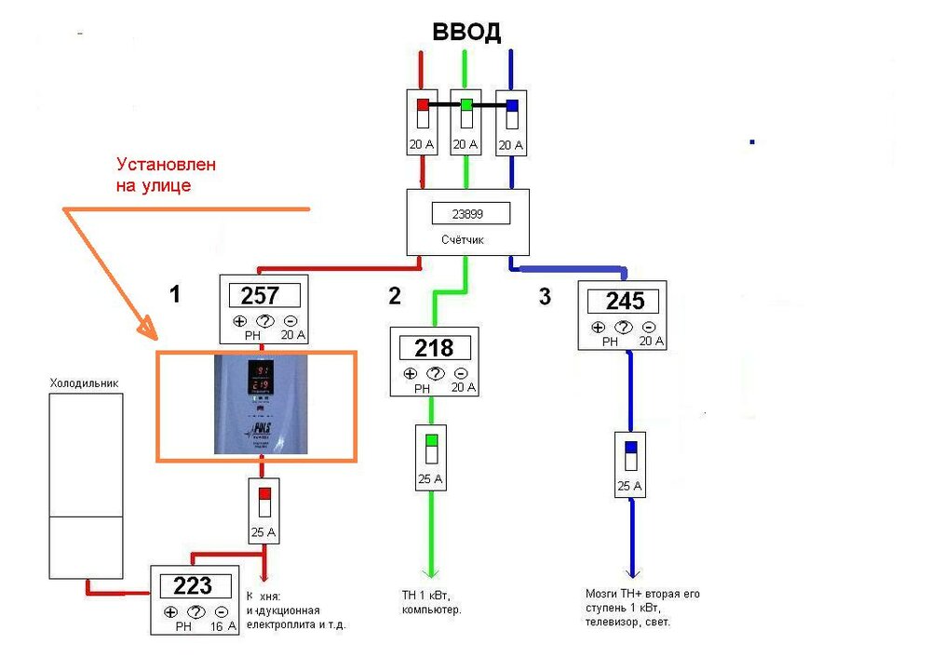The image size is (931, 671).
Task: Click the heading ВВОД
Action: (466, 32)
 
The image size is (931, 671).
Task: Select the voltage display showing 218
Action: (434, 348)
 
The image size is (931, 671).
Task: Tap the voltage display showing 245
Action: (625, 302)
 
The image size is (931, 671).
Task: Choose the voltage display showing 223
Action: (194, 586)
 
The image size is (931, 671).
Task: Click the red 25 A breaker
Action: (264, 503)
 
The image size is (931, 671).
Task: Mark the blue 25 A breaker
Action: (631, 455)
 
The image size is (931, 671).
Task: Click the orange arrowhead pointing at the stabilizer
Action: (145, 329)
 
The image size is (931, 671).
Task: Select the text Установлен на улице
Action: (167, 174)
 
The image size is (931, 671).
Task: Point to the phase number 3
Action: (545, 297)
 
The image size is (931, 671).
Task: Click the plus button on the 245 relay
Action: (598, 328)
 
